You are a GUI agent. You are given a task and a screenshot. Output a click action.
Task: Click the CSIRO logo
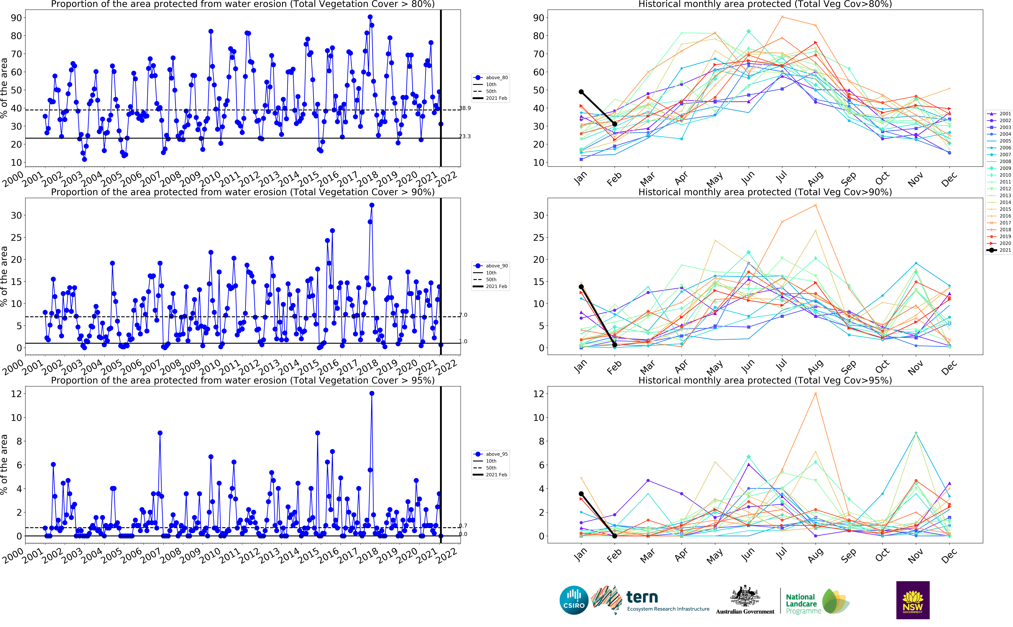click(x=574, y=600)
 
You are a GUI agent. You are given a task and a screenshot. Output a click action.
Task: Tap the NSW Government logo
click(x=913, y=600)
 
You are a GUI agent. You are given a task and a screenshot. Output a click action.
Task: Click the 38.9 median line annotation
click(x=465, y=108)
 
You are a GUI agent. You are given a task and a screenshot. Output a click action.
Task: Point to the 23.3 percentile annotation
click(x=465, y=136)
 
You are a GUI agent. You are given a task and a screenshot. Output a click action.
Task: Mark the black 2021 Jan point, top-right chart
click(x=581, y=92)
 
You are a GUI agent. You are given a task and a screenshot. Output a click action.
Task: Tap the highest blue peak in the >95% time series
click(x=372, y=394)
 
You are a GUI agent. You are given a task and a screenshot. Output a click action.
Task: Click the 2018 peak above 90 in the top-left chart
click(x=370, y=17)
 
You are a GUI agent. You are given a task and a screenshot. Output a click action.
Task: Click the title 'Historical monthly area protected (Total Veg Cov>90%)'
click(x=765, y=192)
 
